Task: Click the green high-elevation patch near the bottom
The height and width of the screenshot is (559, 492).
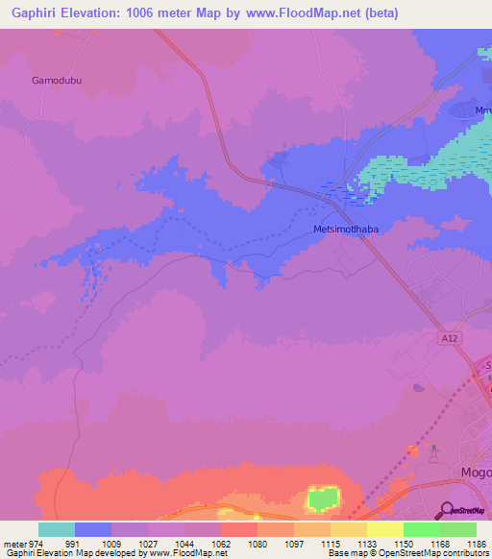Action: click(x=324, y=498)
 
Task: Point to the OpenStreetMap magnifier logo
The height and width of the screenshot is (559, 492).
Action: click(x=447, y=509)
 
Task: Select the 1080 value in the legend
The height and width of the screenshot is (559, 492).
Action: click(x=258, y=542)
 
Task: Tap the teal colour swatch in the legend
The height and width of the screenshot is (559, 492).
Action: click(x=57, y=529)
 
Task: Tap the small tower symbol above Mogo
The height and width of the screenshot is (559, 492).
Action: click(x=434, y=450)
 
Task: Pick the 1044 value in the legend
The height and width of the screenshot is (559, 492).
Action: click(x=184, y=542)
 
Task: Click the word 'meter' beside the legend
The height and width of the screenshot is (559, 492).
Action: click(x=13, y=542)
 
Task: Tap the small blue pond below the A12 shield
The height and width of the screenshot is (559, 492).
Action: click(x=418, y=388)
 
